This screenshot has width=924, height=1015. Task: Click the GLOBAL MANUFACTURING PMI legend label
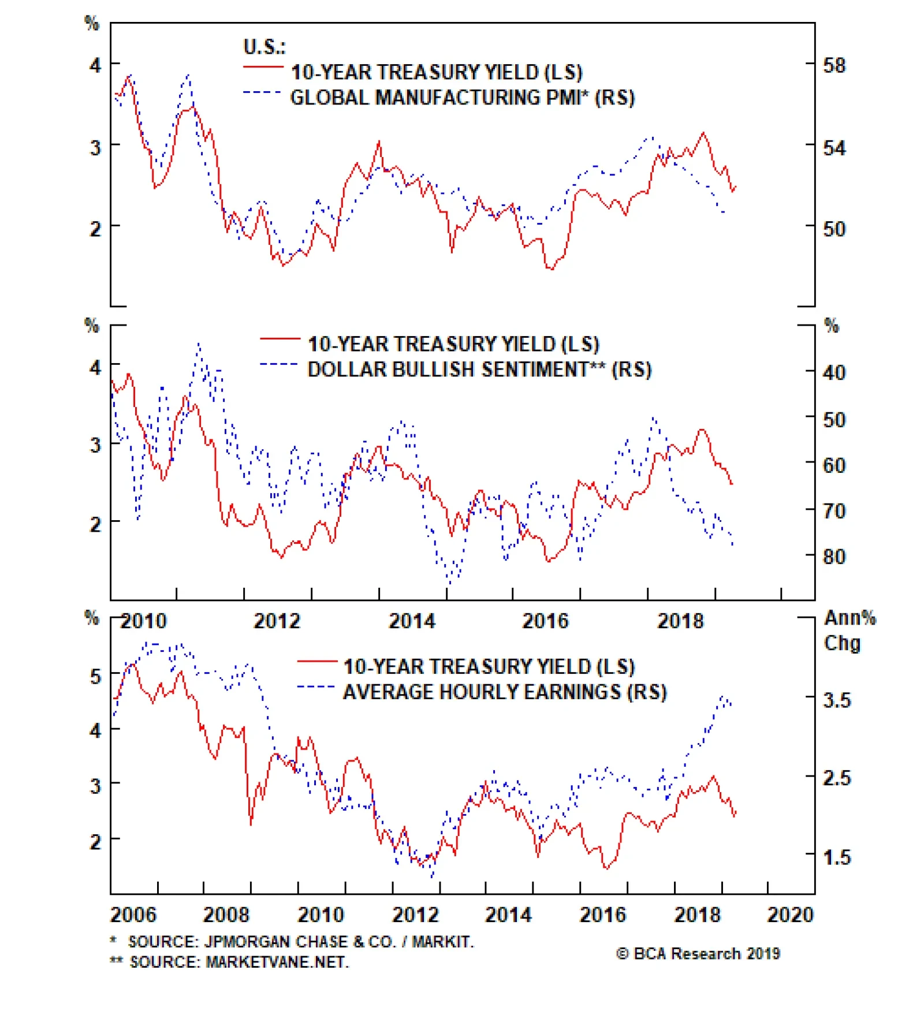coord(462,98)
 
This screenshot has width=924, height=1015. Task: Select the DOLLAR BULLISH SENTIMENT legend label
coord(479,369)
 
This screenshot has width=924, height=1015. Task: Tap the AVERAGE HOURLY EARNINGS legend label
coord(505,692)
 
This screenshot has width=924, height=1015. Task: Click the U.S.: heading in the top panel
coord(264,46)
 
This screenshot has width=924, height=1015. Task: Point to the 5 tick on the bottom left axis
coord(96,676)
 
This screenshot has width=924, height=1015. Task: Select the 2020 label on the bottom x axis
coord(790,915)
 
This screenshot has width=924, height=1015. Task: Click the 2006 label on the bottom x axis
coord(133,915)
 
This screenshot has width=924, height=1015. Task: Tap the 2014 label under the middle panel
coord(412,621)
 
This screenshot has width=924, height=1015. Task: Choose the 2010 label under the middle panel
coord(144,621)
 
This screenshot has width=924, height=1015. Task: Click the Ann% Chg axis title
coord(849,630)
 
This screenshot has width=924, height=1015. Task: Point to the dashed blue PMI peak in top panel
coord(188,76)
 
